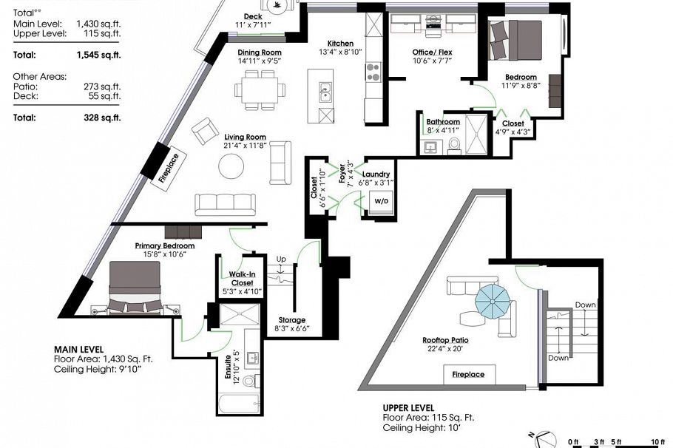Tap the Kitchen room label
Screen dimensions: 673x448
(x=340, y=44)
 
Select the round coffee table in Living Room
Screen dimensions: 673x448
(x=231, y=166)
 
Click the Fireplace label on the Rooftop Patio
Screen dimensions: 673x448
(x=468, y=374)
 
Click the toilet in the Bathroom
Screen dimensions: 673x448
(x=453, y=145)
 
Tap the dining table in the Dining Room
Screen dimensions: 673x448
(x=260, y=90)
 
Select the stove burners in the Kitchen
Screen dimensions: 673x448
(x=373, y=72)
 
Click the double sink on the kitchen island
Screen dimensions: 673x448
(x=325, y=92)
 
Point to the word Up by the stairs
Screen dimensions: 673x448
(x=281, y=259)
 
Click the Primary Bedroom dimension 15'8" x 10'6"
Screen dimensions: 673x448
(x=165, y=254)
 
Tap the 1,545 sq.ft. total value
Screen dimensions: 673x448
(x=98, y=55)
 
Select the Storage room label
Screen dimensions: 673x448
(x=292, y=319)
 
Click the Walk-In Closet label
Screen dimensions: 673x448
(x=242, y=279)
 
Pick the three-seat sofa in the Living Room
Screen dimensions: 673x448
(x=226, y=204)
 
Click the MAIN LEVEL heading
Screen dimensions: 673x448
(x=78, y=350)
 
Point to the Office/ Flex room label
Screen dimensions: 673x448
(x=432, y=52)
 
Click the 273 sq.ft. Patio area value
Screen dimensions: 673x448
(x=102, y=86)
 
